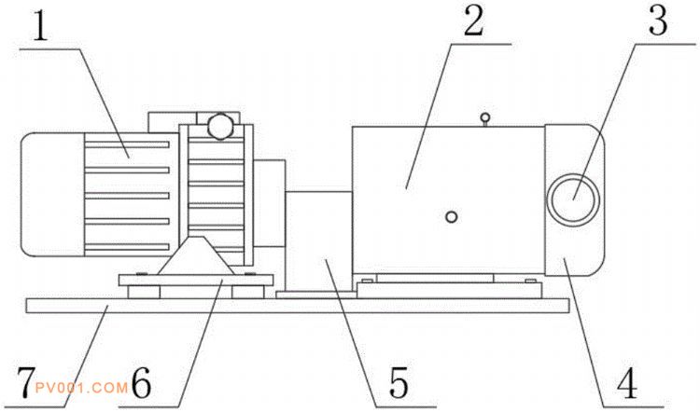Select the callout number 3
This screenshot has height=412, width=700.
click(x=658, y=21)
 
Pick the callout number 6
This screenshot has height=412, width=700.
click(x=141, y=382)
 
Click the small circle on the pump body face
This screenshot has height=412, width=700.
click(x=452, y=217)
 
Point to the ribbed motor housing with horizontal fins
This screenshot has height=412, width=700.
click(x=131, y=197)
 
